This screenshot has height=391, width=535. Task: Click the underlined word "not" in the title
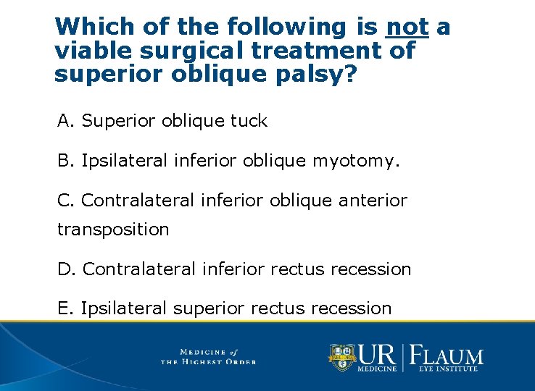[x=408, y=27]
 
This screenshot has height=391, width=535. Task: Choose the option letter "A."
[x=66, y=121]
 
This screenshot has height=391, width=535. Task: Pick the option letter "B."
[x=66, y=160]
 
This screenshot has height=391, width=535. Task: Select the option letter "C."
[x=67, y=199]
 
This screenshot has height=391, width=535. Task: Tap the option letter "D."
[x=67, y=269]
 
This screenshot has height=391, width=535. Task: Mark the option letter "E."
[x=66, y=308]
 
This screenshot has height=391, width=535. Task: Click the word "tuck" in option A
[x=249, y=121]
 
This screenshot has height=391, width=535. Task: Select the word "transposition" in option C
[x=113, y=230]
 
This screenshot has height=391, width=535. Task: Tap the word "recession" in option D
[x=376, y=269]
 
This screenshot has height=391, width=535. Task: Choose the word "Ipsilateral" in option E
[x=124, y=308]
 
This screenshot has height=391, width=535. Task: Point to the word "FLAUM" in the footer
[x=448, y=356]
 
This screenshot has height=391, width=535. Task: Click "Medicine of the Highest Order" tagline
[x=208, y=356]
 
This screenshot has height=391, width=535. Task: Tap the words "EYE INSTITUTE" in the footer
[x=448, y=369]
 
